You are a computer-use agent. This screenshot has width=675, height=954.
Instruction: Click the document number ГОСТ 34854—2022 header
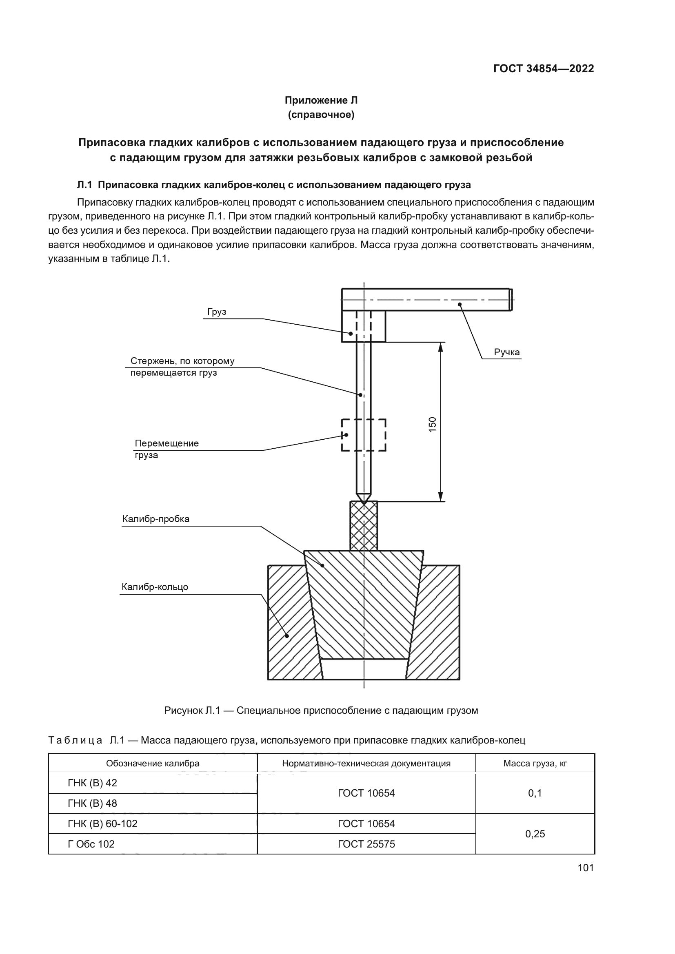[543, 69]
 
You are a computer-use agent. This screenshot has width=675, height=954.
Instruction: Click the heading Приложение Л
[321, 100]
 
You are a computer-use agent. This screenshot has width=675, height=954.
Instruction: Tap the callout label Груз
[217, 312]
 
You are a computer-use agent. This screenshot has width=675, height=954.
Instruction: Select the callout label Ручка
[507, 352]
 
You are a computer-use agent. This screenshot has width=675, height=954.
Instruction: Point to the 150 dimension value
[433, 424]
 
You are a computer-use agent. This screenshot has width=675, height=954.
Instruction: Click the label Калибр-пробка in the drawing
[156, 519]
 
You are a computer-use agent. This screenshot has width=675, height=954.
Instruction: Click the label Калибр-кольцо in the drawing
[155, 587]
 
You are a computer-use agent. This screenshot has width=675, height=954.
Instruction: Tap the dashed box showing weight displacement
[364, 435]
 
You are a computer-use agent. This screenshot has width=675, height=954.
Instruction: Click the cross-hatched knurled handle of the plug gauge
[364, 526]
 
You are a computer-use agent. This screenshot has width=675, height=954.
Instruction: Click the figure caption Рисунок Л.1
[321, 711]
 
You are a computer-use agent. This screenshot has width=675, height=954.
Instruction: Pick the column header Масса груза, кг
[535, 763]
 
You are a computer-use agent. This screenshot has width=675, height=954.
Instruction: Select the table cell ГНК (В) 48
[92, 803]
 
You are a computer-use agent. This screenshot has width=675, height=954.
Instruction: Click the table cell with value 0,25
[535, 834]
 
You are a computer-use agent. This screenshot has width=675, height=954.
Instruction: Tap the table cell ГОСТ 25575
[366, 844]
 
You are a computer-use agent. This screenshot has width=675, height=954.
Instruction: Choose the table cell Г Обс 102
[91, 844]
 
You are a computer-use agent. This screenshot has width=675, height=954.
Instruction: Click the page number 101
[585, 868]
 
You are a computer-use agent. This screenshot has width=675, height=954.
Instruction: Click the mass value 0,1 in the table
[535, 793]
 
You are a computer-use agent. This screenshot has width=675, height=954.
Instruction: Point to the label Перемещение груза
[166, 449]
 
